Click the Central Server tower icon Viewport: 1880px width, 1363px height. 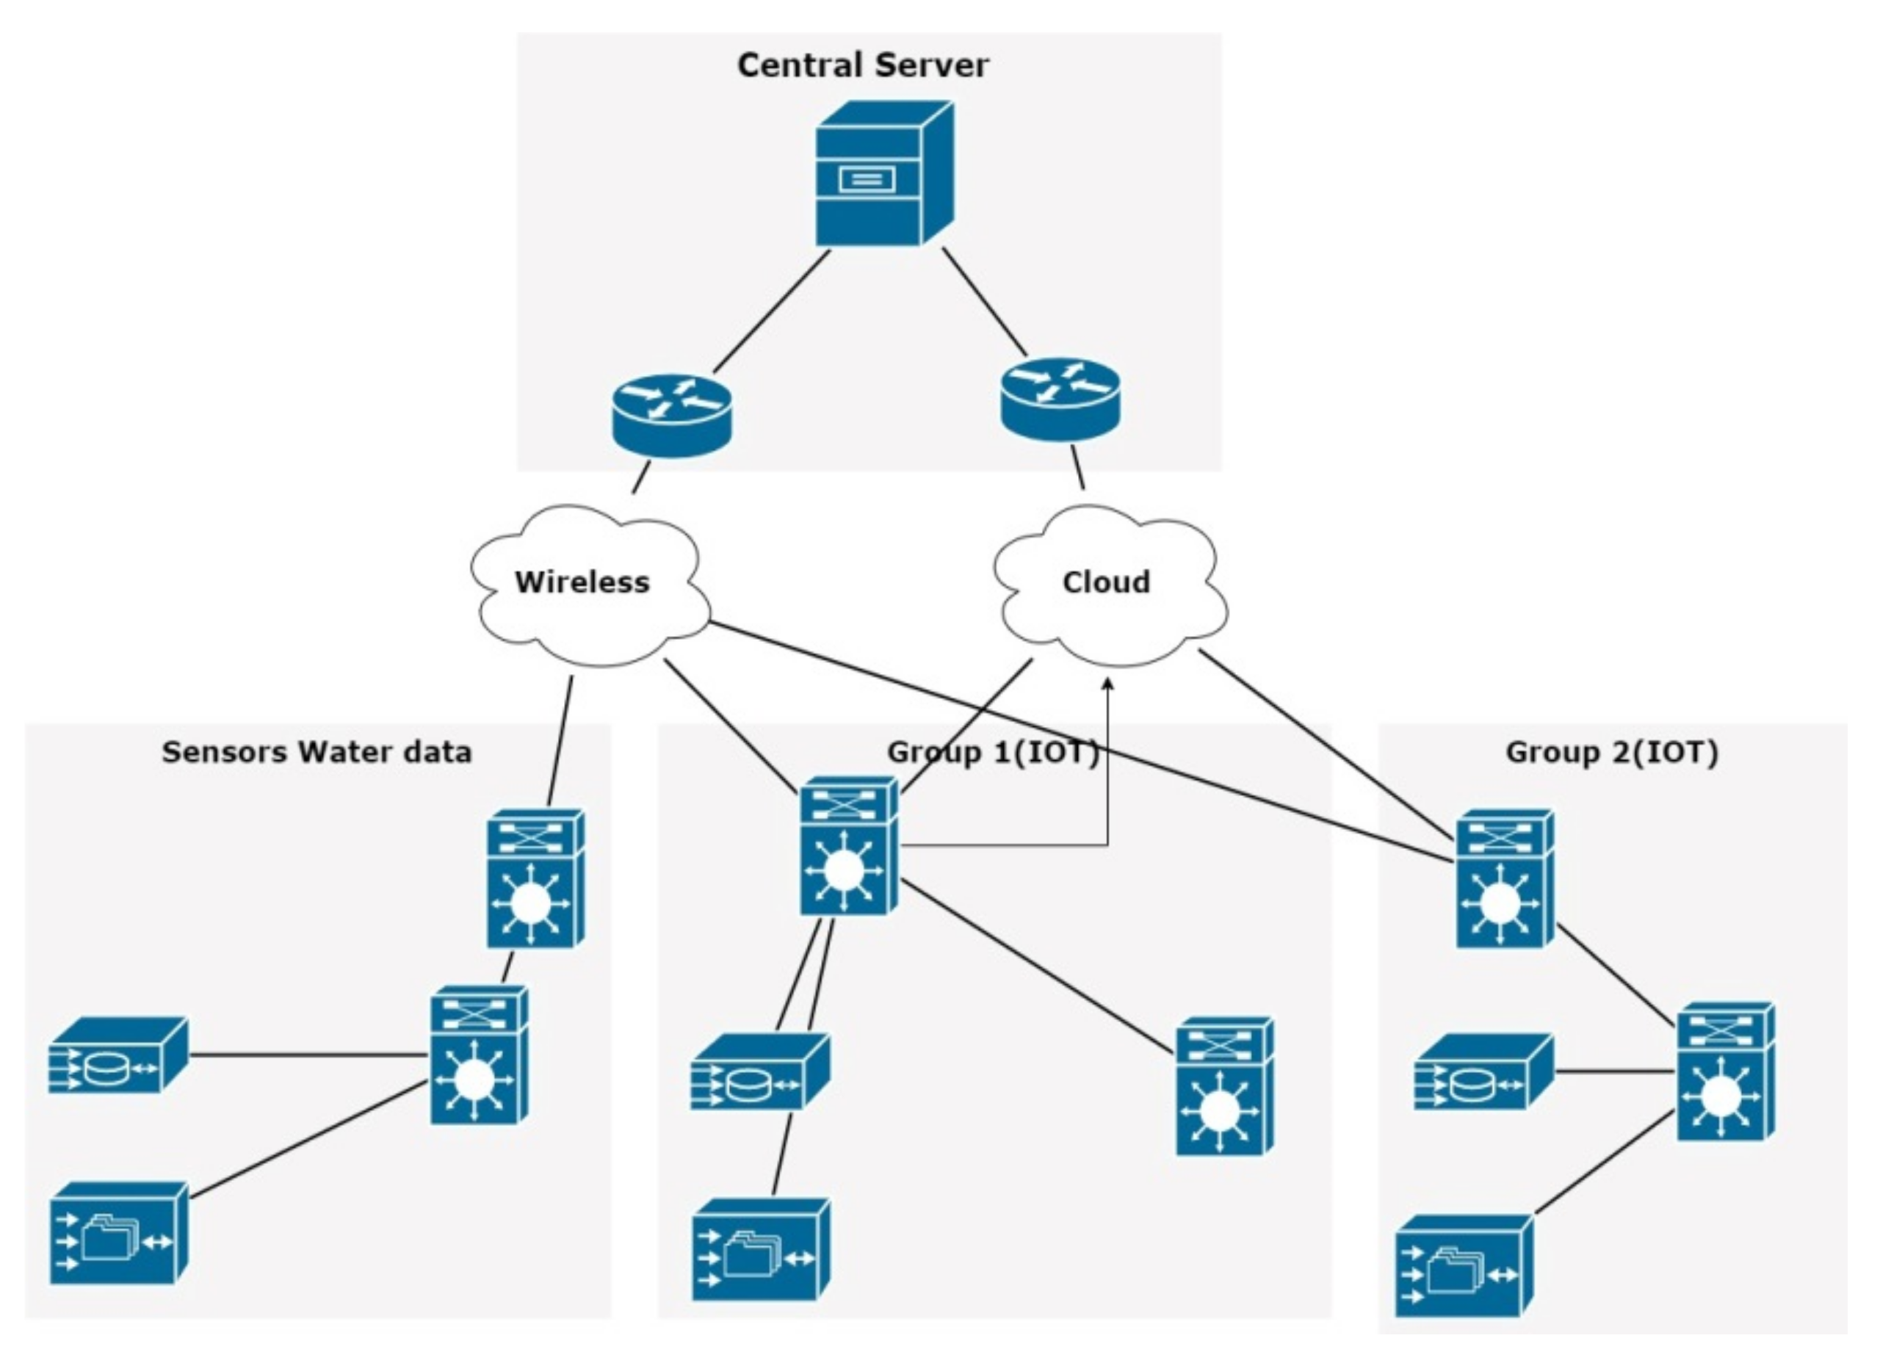point(883,174)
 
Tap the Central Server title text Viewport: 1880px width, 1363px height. point(862,65)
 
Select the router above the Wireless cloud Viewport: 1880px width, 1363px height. point(671,414)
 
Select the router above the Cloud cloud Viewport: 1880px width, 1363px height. point(1060,399)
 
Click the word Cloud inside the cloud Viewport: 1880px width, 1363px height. point(1106,582)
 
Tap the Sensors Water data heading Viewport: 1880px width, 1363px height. point(317,752)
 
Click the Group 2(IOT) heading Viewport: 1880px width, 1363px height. point(1611,752)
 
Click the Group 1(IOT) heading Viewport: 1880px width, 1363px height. point(993,752)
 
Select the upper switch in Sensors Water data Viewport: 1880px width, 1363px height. point(535,879)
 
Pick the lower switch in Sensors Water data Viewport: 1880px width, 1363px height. point(479,1055)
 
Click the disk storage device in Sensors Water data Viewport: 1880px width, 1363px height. point(117,1055)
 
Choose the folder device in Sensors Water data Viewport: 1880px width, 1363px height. point(117,1234)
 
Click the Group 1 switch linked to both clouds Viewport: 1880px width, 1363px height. point(848,847)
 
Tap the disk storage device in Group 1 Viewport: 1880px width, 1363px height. point(759,1072)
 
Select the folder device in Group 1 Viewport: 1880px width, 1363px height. point(760,1249)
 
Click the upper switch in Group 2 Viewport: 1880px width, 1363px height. point(1505,879)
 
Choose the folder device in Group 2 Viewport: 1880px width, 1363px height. point(1463,1266)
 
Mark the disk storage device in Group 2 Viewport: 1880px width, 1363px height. point(1482,1072)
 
